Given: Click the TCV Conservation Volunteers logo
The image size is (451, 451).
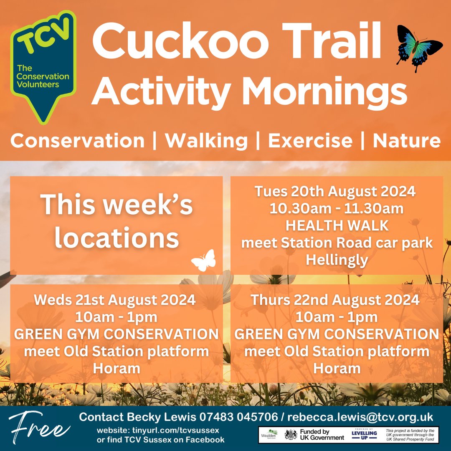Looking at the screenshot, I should pyautogui.click(x=43, y=67).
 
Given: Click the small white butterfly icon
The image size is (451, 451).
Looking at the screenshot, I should pyautogui.click(x=204, y=261).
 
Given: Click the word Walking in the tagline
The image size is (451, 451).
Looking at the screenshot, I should pyautogui.click(x=206, y=141).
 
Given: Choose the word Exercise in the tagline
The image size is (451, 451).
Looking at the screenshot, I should pyautogui.click(x=310, y=141).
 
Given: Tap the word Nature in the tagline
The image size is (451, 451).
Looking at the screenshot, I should pyautogui.click(x=406, y=141).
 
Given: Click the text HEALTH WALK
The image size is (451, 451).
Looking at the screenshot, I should pyautogui.click(x=337, y=226).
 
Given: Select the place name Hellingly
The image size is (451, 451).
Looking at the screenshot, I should pyautogui.click(x=337, y=260).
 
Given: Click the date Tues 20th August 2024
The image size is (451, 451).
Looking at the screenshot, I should pyautogui.click(x=335, y=192).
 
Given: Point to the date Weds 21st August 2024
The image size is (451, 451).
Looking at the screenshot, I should pyautogui.click(x=115, y=300).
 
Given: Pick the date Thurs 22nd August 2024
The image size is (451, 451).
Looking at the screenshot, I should pyautogui.click(x=335, y=300).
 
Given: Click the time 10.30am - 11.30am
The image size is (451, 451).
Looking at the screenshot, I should pyautogui.click(x=337, y=209).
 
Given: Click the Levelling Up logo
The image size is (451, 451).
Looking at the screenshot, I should pyautogui.click(x=364, y=434).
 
